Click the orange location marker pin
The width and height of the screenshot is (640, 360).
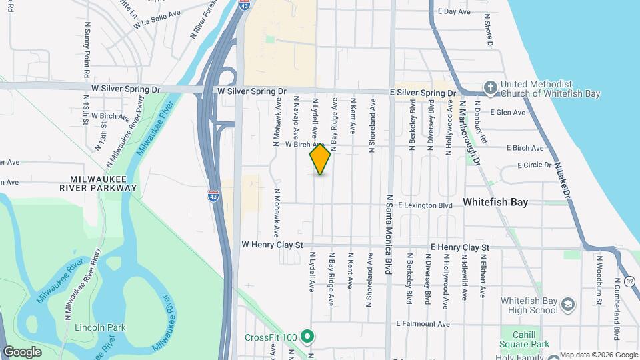point(321,159)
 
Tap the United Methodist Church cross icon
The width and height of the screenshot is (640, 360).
point(490,87)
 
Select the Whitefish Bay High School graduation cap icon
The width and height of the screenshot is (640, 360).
point(567,305)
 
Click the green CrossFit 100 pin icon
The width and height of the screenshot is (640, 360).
point(307,337)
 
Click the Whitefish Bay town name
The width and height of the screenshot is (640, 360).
point(495,201)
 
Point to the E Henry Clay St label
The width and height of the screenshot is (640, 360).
point(459,247)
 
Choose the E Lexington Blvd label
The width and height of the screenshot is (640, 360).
point(425,205)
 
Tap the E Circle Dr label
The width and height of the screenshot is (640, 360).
point(534,165)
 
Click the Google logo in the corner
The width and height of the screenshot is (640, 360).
point(22,351)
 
